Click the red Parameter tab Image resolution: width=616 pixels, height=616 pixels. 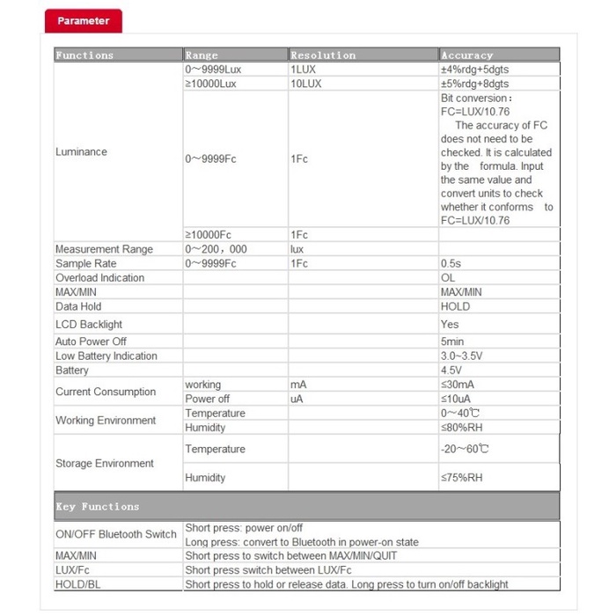pos(84,20)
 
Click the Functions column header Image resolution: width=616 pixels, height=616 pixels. pos(84,55)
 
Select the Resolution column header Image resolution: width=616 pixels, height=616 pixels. pos(323,55)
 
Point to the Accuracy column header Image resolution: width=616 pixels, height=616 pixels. pos(466,55)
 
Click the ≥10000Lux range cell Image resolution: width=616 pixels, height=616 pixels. pos(211,84)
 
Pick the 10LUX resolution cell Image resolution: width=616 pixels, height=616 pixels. pos(306,84)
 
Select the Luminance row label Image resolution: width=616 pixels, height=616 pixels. pos(81,151)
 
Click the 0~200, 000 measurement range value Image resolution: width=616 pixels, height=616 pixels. pos(216,249)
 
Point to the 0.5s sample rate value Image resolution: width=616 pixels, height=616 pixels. pos(451,263)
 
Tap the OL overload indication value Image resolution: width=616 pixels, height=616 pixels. pos(449,277)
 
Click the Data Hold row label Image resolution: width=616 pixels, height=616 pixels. pos(78,306)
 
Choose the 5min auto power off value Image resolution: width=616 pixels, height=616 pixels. pos(452,341)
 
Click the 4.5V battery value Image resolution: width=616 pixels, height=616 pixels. pos(450,370)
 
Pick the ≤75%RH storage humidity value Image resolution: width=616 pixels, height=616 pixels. pos(462,478)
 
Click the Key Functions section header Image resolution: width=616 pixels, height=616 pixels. pos(98,506)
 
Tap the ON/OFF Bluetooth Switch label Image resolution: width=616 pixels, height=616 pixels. pos(116,534)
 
